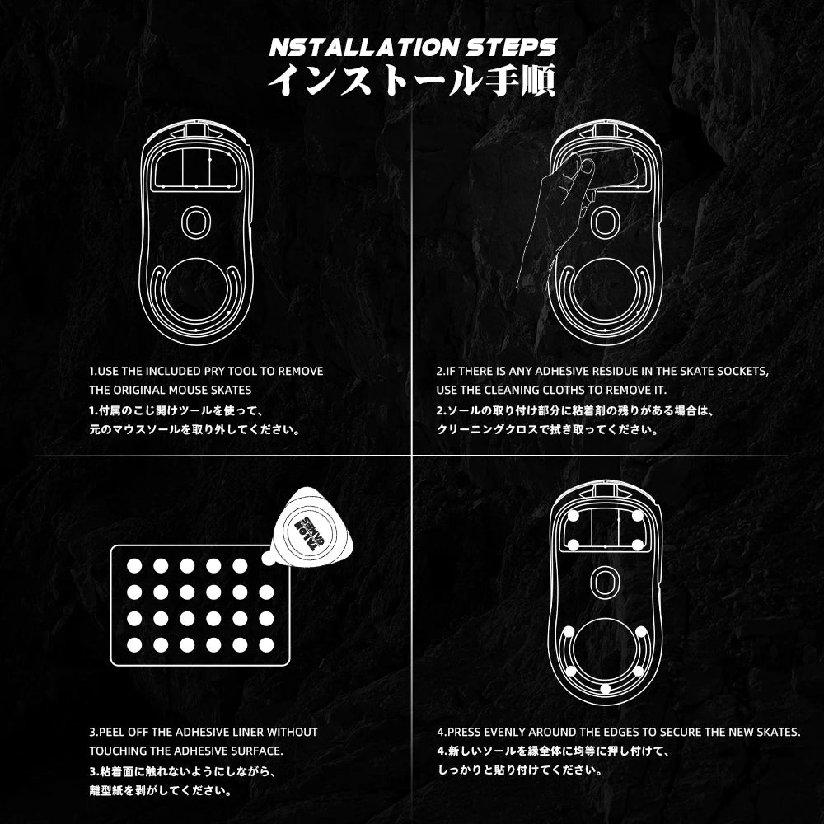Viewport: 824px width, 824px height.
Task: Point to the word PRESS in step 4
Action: pos(466,732)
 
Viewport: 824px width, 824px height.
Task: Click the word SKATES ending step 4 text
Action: pos(779,732)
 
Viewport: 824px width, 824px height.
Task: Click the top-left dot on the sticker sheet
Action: pos(134,565)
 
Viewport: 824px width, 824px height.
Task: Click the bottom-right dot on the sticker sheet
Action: pos(266,644)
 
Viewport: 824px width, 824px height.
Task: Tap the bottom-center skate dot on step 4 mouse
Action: pos(606,689)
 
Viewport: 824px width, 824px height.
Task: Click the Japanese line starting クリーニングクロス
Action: pos(546,429)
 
